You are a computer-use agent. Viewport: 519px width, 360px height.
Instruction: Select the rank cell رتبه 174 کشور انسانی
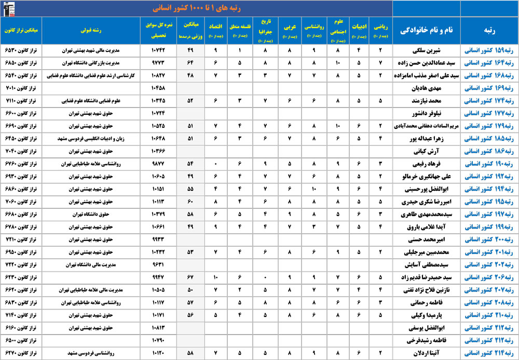pyautogui.click(x=489, y=100)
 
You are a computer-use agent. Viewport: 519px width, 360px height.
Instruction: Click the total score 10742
pyautogui.click(x=158, y=51)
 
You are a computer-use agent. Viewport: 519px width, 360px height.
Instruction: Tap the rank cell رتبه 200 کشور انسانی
pyautogui.click(x=489, y=239)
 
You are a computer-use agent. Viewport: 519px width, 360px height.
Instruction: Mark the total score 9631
pyautogui.click(x=158, y=264)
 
